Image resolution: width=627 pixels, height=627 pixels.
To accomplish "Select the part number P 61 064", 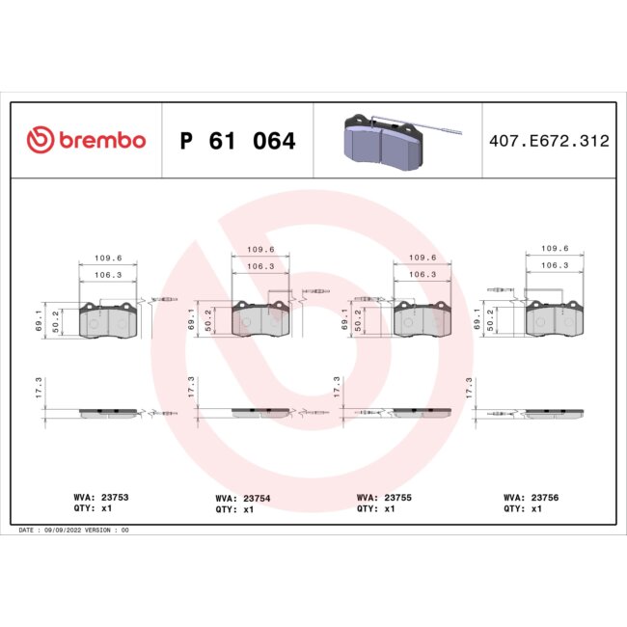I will coord(237,142).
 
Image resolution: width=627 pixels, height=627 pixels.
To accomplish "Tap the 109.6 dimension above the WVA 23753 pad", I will coord(106,259).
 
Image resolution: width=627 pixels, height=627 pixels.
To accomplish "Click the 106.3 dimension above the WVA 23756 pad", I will coord(553,264).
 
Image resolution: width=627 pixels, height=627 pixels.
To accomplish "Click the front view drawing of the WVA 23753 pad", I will coord(106,321).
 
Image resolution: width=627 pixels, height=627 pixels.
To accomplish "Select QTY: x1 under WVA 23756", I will coord(523,508).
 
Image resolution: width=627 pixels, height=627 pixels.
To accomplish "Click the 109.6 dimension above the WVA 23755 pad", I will coord(423,258).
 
